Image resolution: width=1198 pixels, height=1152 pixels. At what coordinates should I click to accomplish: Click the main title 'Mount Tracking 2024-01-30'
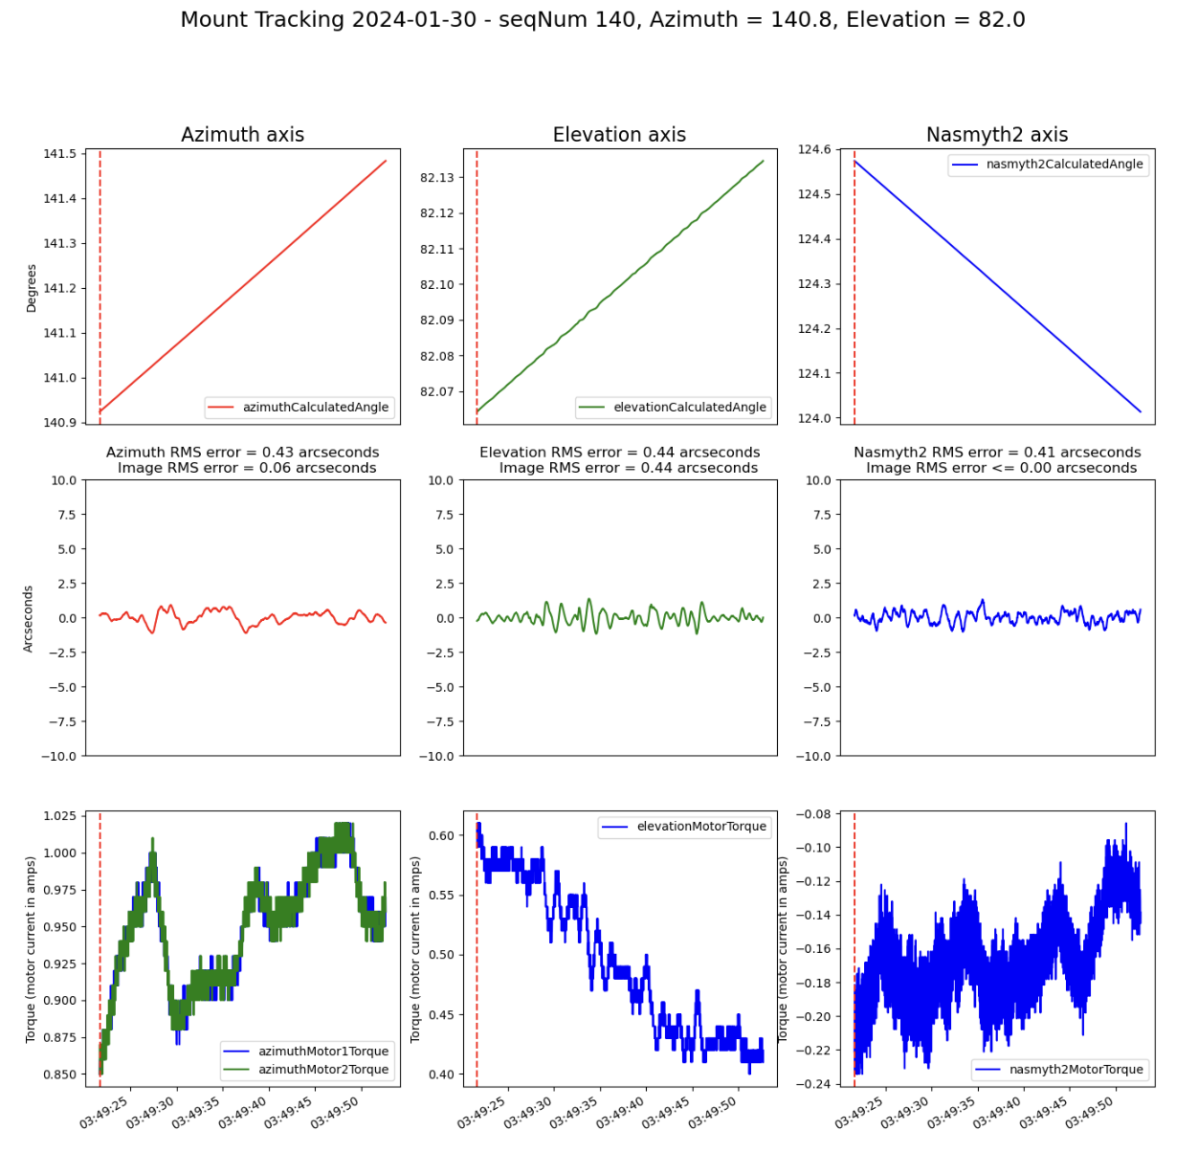[602, 20]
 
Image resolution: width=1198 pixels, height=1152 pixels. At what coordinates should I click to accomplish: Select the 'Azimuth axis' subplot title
[242, 135]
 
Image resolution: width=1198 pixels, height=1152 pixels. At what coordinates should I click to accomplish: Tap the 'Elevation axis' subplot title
[619, 135]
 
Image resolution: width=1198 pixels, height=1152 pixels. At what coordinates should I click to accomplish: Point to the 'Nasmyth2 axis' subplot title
[996, 135]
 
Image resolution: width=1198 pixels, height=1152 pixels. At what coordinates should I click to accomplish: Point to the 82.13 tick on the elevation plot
[437, 178]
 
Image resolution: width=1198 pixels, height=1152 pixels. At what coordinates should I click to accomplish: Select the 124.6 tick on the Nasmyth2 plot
[814, 149]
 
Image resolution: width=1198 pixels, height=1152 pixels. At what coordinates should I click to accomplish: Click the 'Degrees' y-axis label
[32, 288]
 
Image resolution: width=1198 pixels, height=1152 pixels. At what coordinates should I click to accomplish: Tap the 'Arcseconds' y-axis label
[29, 619]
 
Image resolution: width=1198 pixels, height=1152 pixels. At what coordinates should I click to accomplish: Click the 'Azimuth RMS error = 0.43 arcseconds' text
[242, 453]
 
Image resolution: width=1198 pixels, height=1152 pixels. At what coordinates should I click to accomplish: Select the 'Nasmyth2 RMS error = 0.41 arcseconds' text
[997, 453]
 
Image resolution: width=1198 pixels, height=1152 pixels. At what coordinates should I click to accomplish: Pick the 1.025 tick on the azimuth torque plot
[59, 816]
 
